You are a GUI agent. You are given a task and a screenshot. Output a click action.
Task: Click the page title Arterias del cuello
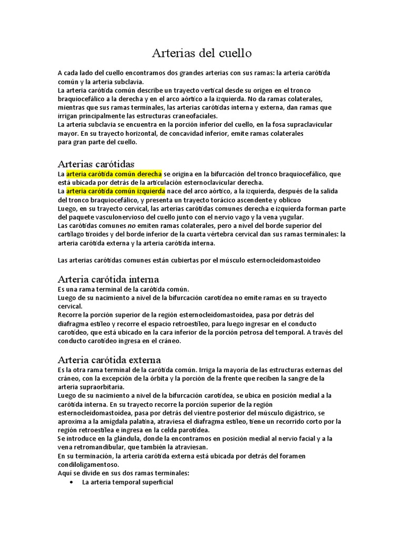202,53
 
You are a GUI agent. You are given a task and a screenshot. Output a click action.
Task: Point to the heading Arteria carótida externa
109,360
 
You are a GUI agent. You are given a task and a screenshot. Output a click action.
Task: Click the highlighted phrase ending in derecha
114,174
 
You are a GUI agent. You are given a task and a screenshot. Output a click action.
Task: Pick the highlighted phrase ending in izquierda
116,191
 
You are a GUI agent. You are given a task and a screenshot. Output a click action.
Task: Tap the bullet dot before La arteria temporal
71,482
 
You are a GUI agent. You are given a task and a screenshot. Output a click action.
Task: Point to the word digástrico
296,413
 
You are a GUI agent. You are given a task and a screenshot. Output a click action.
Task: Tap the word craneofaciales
196,116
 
